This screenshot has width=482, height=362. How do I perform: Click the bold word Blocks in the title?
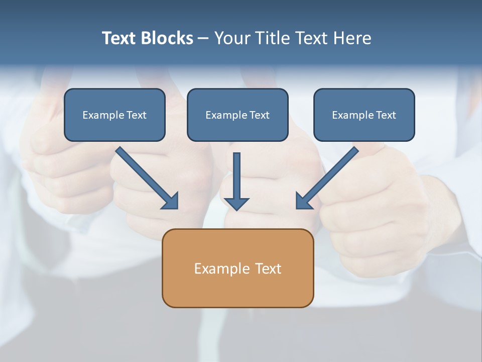(167, 38)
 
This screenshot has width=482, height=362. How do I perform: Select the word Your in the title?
(232, 38)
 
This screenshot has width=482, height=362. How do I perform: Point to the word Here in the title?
(352, 38)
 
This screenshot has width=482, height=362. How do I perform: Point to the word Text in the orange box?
(268, 268)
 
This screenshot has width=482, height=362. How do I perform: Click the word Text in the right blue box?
(386, 115)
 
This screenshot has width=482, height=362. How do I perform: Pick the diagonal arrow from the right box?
(329, 176)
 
